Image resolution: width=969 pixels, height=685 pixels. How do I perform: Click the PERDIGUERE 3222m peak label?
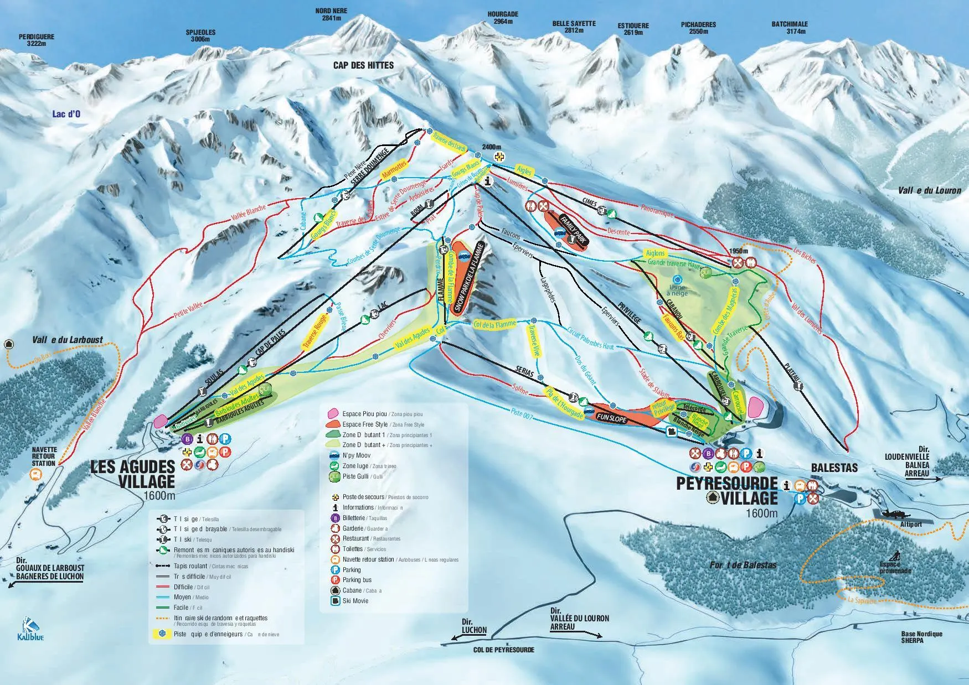37,40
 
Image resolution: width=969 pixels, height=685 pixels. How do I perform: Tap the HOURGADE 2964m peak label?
503,18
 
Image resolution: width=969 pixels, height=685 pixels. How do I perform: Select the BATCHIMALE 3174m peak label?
790,28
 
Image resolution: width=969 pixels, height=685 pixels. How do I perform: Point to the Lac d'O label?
66,115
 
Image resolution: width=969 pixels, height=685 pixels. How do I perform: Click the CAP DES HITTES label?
363,65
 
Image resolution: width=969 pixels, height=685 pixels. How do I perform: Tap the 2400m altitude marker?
491,147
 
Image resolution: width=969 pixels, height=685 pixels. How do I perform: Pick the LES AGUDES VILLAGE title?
133,474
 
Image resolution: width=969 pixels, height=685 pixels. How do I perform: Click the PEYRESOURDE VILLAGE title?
726,490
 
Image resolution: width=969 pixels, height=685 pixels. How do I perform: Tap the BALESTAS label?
834,468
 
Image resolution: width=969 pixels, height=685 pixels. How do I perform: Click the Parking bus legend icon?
335,580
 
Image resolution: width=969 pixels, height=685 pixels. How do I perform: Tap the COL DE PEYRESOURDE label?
503,650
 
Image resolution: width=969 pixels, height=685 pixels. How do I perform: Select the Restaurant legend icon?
335,538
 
